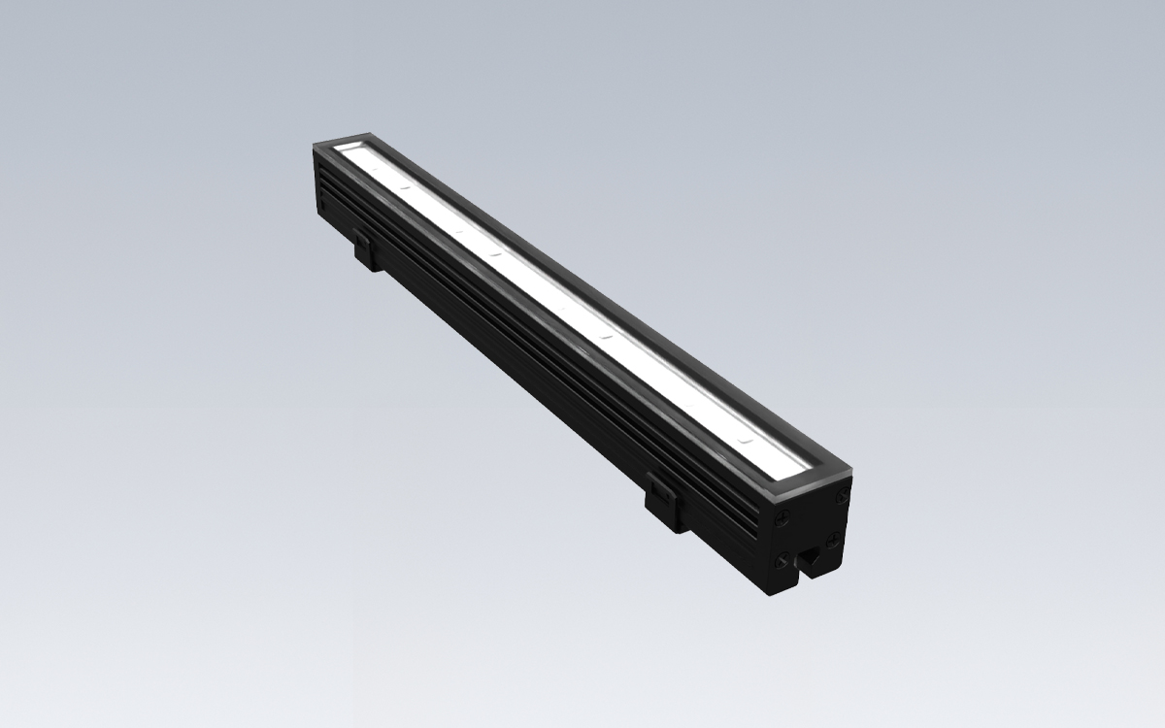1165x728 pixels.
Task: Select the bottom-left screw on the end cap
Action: (782, 559)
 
